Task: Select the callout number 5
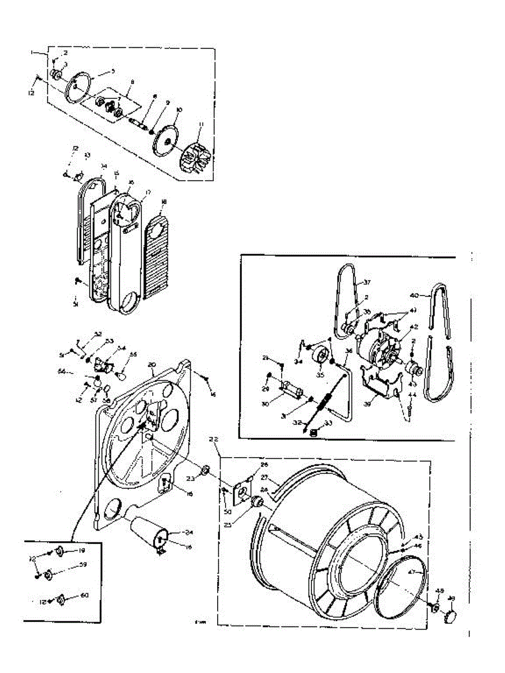[113, 71]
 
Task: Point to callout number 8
[132, 82]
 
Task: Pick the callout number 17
[149, 192]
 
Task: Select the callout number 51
[75, 305]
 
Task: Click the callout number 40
[414, 295]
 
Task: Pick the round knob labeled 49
[449, 617]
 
